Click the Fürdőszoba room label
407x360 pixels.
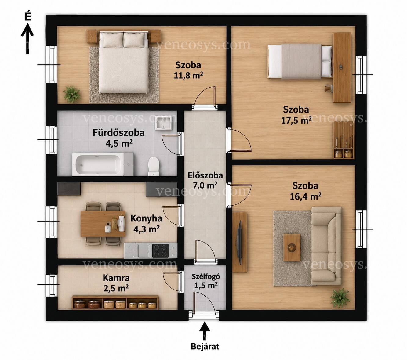click(x=118, y=133)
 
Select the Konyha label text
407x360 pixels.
click(x=146, y=218)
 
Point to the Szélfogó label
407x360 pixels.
click(x=206, y=276)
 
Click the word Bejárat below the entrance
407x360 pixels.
click(x=205, y=347)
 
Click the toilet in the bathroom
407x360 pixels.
click(x=154, y=167)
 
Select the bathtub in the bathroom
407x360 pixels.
click(x=103, y=164)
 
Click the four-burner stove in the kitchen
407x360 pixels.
click(x=160, y=250)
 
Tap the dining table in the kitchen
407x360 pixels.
click(x=103, y=223)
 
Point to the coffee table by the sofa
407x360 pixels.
click(x=292, y=247)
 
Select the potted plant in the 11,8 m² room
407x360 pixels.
click(x=72, y=94)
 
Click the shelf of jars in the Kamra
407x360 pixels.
click(x=115, y=302)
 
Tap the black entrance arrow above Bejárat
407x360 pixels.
click(x=205, y=331)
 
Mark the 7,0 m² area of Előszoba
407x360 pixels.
click(x=205, y=185)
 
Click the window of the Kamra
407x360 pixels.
click(x=52, y=284)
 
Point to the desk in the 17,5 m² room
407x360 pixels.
click(x=342, y=68)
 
